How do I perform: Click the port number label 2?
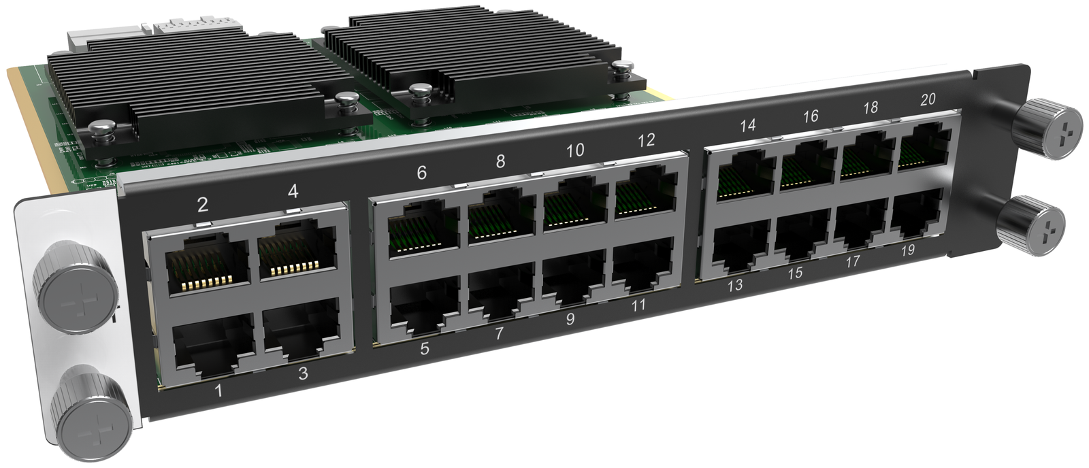[x=203, y=205]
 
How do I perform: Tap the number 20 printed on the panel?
[x=928, y=99]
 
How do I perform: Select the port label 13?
[x=734, y=284]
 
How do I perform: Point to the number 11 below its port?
[x=638, y=305]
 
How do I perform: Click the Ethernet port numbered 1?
[x=214, y=345]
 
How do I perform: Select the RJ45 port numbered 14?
[x=745, y=175]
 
